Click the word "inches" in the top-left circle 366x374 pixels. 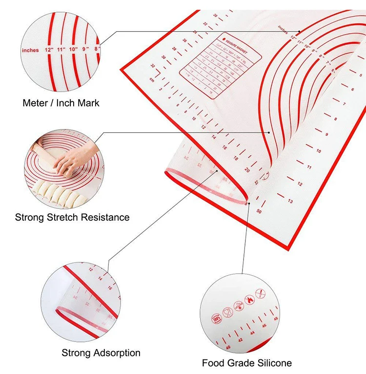[x=30, y=50]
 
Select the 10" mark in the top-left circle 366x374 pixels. [x=73, y=49]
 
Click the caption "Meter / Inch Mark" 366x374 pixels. [x=61, y=103]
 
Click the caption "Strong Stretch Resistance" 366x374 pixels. [x=72, y=217]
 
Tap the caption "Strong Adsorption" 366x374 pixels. [x=101, y=353]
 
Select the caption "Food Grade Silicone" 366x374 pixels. [x=247, y=363]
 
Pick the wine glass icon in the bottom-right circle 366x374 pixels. [x=226, y=311]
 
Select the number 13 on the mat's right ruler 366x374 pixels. [x=290, y=201]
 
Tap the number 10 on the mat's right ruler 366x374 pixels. [x=318, y=151]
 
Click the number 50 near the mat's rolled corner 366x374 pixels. [x=258, y=212]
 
